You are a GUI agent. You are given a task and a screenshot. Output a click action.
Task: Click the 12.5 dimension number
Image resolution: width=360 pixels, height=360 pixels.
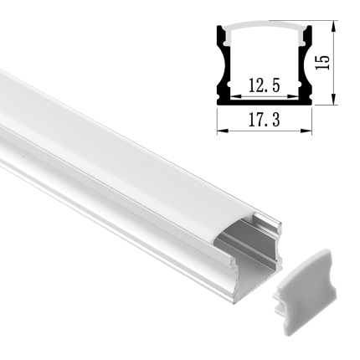pyautogui.click(x=264, y=85)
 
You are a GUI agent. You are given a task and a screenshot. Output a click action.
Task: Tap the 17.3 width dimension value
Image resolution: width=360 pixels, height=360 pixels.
pyautogui.click(x=264, y=122)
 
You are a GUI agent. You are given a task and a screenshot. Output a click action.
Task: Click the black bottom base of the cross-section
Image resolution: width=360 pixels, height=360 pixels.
pyautogui.click(x=265, y=104)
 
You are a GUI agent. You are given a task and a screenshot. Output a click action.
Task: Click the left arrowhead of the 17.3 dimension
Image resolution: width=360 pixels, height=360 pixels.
pyautogui.click(x=220, y=131)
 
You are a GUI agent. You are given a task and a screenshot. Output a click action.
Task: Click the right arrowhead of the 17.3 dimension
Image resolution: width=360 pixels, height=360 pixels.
pyautogui.click(x=309, y=131)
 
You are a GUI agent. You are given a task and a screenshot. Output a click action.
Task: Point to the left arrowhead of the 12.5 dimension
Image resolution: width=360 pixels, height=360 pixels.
pyautogui.click(x=232, y=95)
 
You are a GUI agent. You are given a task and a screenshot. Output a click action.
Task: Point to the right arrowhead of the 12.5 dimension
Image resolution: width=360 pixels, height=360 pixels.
pyautogui.click(x=297, y=95)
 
